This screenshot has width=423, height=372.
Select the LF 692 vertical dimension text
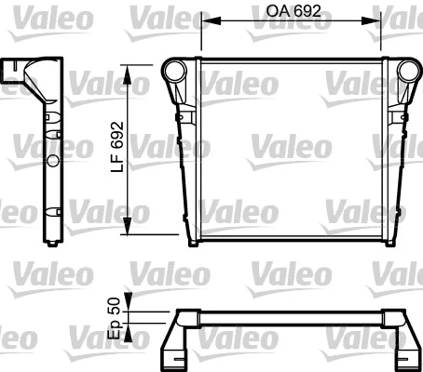(117, 149)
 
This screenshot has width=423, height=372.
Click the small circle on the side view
(52, 161)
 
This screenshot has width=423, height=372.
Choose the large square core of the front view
(291, 149)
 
